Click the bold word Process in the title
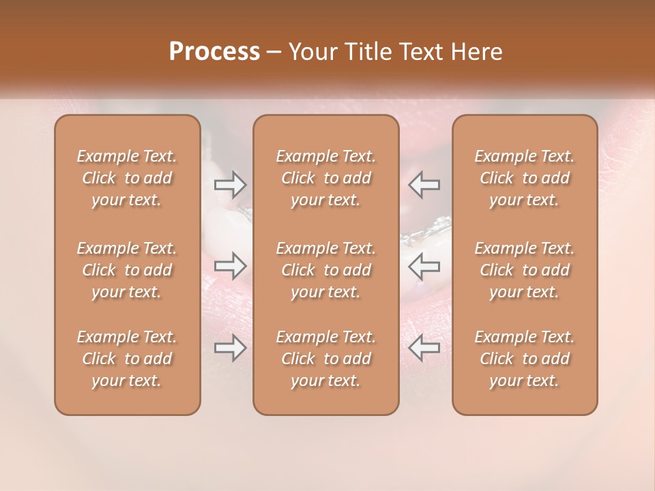[214, 52]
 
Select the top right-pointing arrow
[231, 183]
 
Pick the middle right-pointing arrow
[231, 264]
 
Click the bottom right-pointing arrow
[231, 348]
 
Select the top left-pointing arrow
[424, 183]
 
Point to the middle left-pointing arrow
[424, 264]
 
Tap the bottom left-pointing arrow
[424, 348]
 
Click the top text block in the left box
[127, 178]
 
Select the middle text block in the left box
[127, 270]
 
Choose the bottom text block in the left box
[127, 359]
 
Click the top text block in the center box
[326, 178]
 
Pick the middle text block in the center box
[326, 270]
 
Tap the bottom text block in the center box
[326, 359]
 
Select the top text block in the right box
[525, 178]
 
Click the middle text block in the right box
[525, 270]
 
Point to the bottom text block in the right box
[525, 359]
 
